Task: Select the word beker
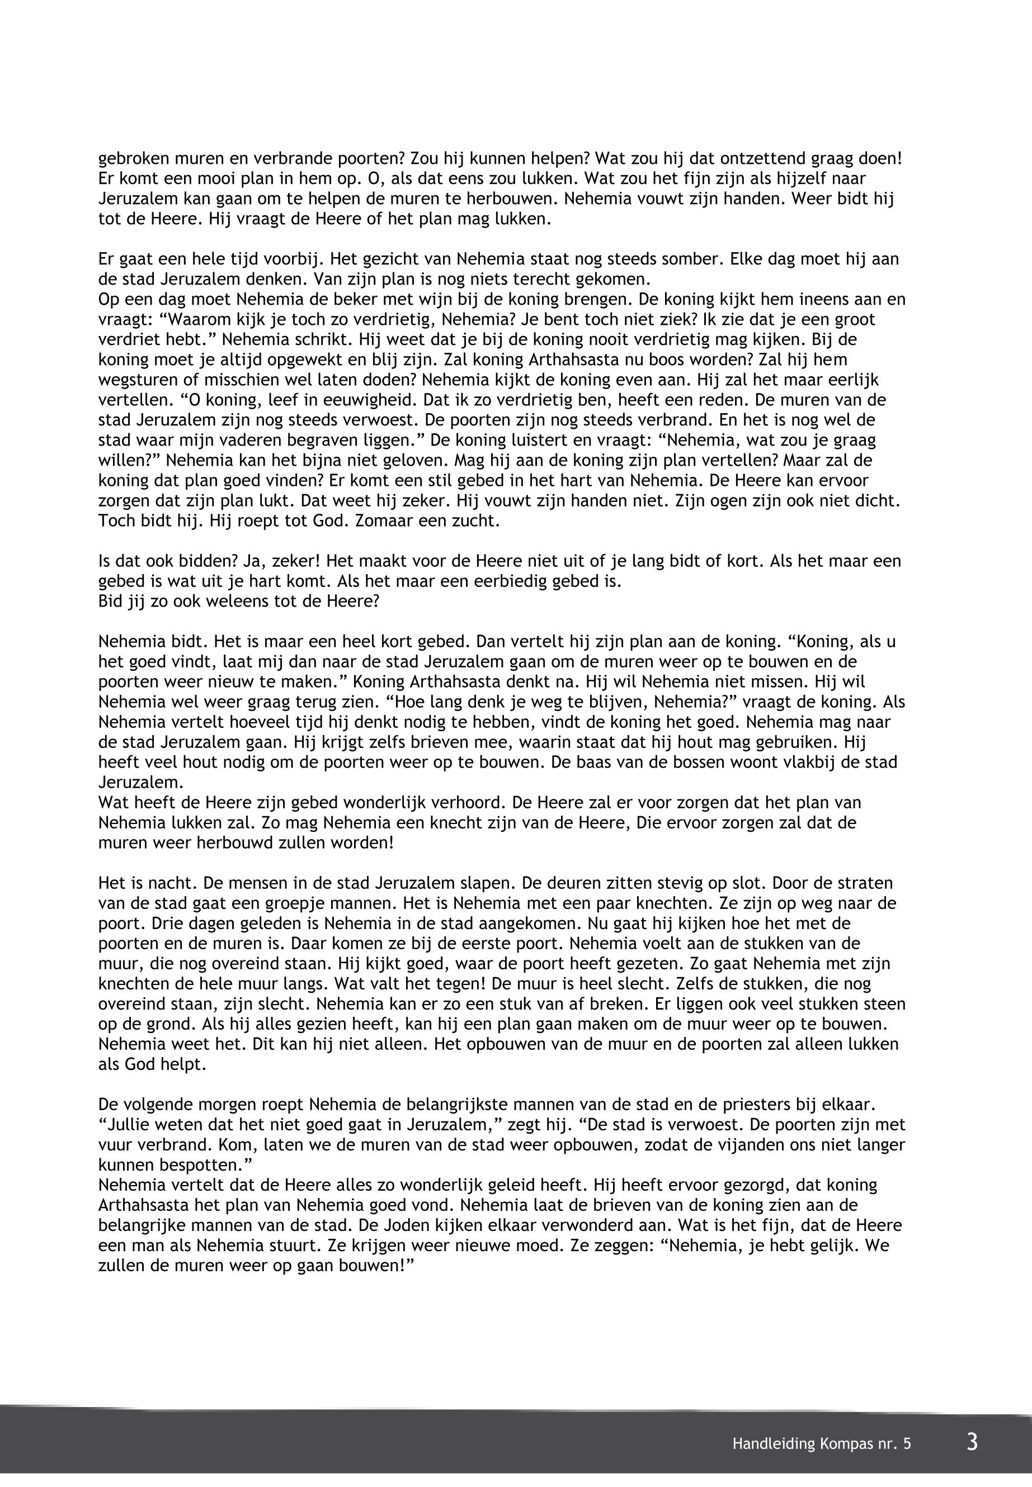[x=370, y=300]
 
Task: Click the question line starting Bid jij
[x=239, y=601]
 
